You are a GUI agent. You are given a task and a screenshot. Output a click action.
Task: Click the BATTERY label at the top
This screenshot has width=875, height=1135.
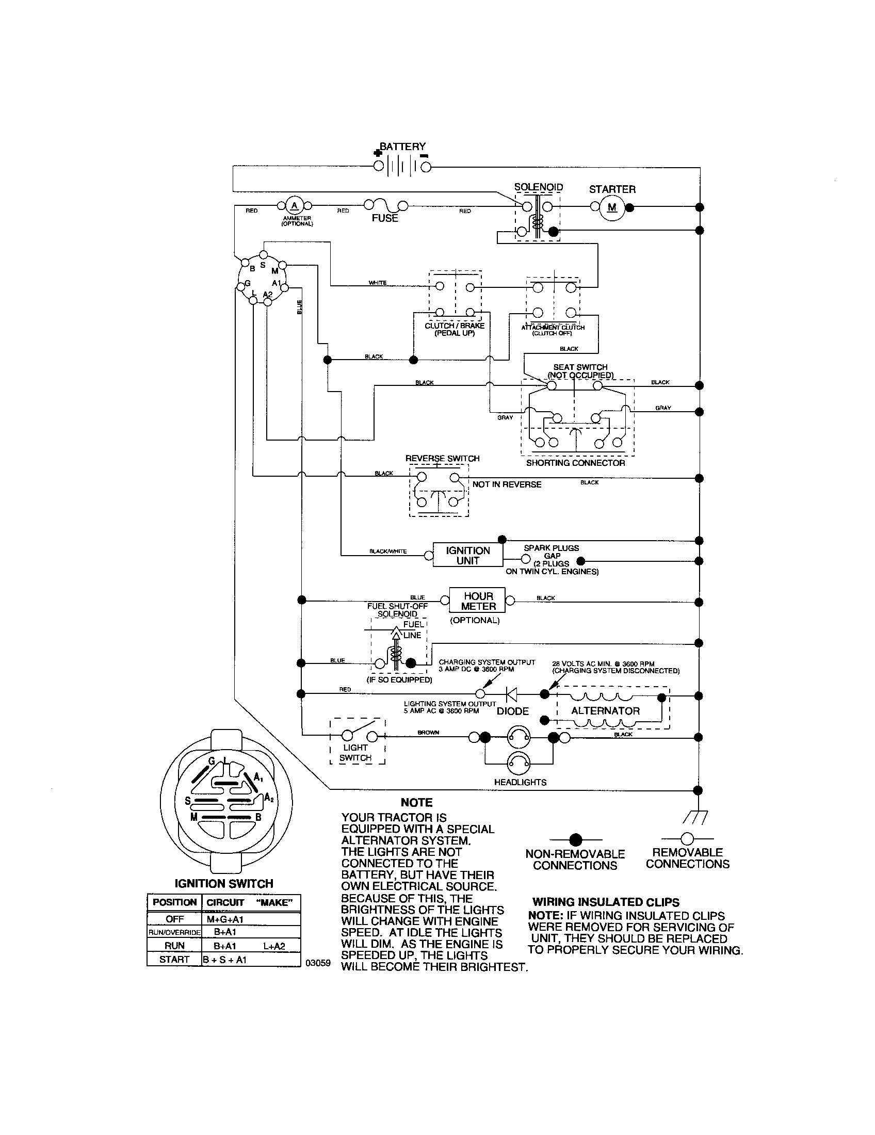tap(403, 147)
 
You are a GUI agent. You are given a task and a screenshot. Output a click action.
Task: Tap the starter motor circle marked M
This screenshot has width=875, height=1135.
tap(612, 207)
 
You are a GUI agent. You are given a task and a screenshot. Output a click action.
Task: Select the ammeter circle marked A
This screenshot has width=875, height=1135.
tap(295, 205)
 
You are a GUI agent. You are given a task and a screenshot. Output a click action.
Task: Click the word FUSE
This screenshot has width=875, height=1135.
tap(384, 218)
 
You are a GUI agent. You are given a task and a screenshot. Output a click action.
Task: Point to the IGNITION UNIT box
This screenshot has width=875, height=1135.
tap(467, 556)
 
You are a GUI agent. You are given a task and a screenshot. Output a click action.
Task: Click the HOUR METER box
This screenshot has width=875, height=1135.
tap(479, 601)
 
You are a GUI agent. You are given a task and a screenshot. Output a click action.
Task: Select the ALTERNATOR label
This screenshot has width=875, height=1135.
tap(605, 710)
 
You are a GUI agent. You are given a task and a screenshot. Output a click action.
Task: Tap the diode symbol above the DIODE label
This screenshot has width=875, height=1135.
tap(512, 693)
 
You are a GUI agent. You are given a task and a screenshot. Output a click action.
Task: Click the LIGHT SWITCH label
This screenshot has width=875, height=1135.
tap(355, 753)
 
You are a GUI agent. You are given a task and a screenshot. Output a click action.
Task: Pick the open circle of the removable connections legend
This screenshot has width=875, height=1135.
tap(687, 838)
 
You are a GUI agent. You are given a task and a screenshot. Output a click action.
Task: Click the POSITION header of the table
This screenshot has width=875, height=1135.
tap(174, 902)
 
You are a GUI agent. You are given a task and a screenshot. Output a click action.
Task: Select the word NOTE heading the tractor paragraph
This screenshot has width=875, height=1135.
tap(416, 802)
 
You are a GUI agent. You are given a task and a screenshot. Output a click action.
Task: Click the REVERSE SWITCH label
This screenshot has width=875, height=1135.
tap(442, 458)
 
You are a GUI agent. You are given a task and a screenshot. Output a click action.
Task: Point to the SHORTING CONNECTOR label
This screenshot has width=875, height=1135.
tap(575, 463)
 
